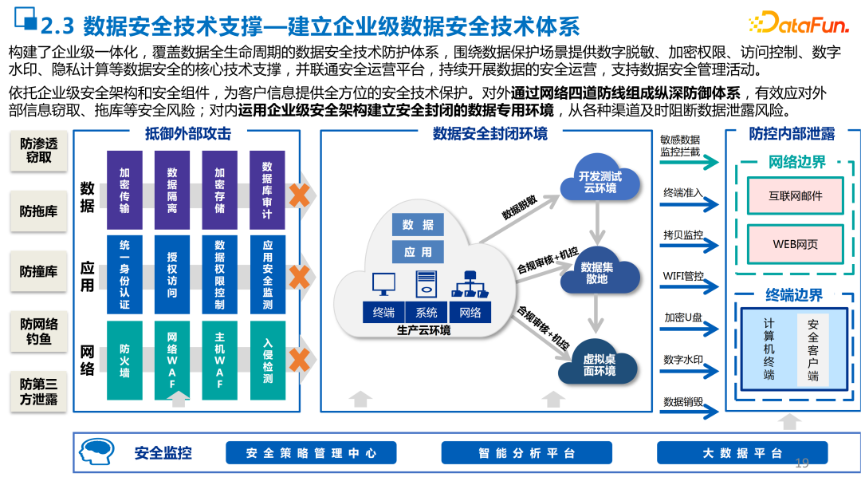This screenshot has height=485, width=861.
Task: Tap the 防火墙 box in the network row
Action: coord(124,360)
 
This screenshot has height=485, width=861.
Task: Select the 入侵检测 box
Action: coord(267,360)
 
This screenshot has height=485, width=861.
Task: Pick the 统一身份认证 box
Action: coord(124,274)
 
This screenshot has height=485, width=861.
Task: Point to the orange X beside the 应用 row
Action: coord(299,277)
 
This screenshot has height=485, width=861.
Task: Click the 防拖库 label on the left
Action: coord(39,211)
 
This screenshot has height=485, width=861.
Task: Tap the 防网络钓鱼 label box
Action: coord(39,332)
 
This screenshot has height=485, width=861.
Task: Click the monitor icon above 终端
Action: coord(383,285)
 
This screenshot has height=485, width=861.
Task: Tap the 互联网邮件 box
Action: coord(795,195)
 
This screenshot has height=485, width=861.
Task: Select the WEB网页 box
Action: coord(795,244)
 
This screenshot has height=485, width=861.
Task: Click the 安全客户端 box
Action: coord(812,350)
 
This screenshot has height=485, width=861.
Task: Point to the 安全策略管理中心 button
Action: coord(311,453)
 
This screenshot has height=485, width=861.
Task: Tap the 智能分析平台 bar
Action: coord(527,453)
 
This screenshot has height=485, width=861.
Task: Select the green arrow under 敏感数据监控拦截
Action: coord(690,163)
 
